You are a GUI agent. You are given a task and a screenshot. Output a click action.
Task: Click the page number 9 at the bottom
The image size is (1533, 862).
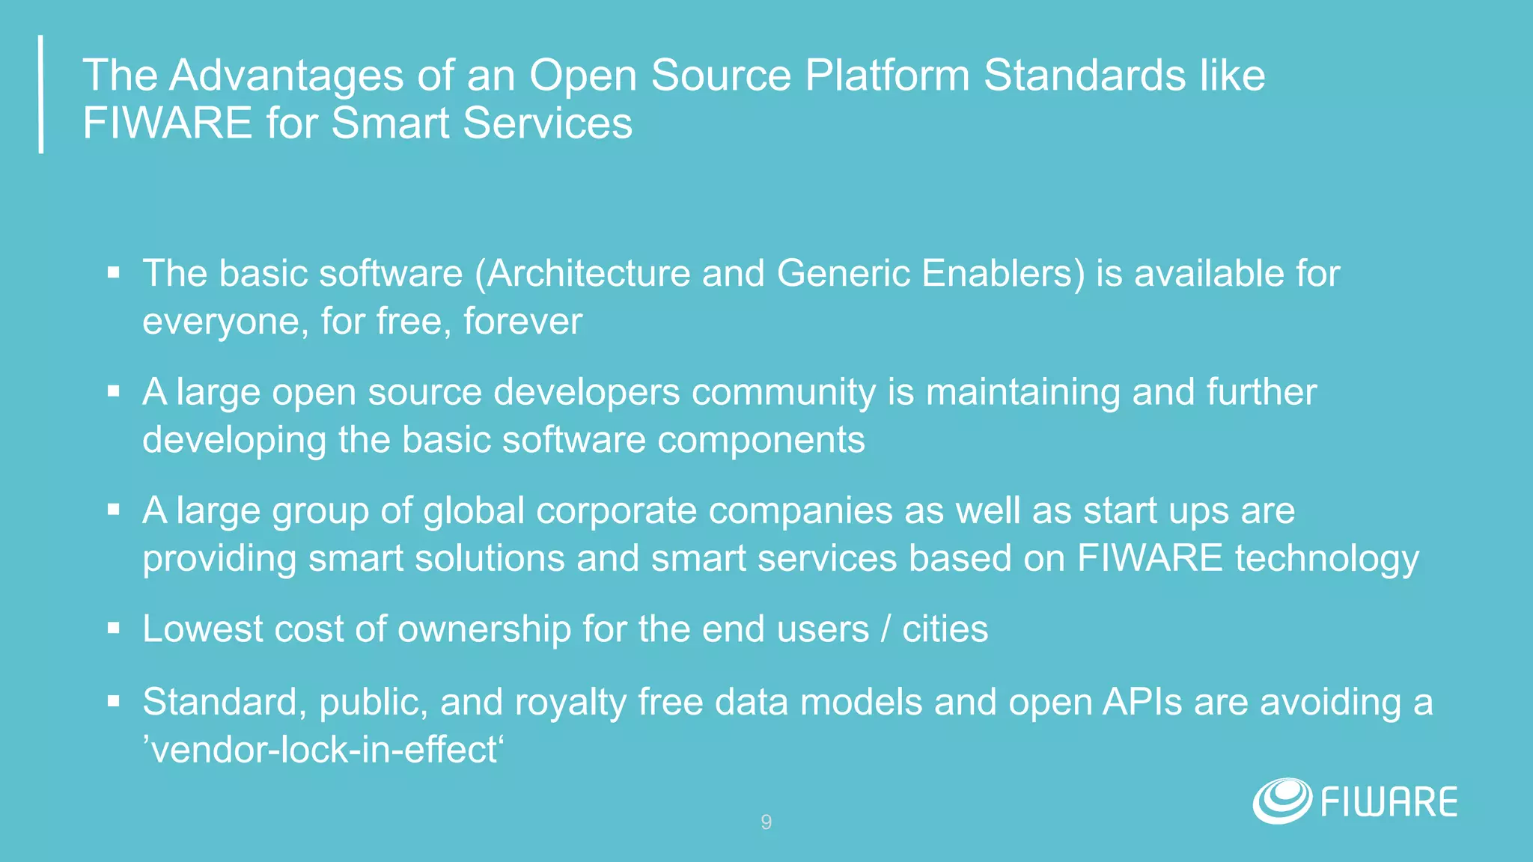click(766, 822)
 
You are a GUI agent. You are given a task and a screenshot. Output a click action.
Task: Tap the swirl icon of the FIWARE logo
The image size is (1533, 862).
click(1281, 801)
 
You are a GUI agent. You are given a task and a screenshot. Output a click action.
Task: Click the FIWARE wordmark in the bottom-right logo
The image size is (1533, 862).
click(1389, 802)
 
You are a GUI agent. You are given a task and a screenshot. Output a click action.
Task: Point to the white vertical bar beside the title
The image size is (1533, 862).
click(41, 94)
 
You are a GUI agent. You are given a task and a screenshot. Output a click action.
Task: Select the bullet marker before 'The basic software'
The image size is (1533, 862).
click(114, 273)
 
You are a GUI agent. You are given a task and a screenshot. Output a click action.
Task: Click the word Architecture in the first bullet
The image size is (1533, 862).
click(588, 273)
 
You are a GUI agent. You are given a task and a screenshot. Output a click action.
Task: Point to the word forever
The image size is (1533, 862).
click(522, 322)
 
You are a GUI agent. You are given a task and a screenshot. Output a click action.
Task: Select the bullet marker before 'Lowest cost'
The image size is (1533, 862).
click(114, 629)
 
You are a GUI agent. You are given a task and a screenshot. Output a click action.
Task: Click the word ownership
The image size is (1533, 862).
click(484, 629)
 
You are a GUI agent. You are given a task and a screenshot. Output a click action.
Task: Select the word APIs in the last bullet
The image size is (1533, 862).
click(1142, 702)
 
